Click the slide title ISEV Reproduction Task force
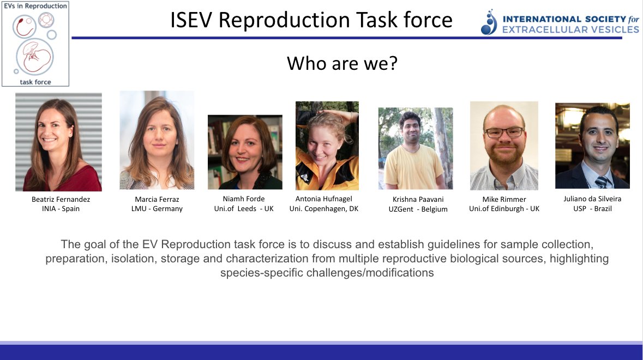pos(311,20)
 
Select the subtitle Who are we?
pos(342,64)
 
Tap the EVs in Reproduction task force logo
pos(35,44)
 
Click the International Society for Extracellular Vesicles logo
pos(560,23)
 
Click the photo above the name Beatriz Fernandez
pos(58,142)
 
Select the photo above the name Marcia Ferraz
pos(157,140)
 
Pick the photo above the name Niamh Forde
pos(245,152)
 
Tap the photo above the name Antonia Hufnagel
pos(327,146)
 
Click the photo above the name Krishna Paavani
pos(416,148)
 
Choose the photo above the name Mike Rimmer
pos(504,146)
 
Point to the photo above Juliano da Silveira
pos(592,146)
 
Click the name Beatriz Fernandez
pos(61,199)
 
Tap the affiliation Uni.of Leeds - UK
pos(244,209)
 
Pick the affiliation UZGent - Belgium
pos(414,209)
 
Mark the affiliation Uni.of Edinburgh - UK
pos(504,209)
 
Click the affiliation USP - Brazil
pos(592,209)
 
